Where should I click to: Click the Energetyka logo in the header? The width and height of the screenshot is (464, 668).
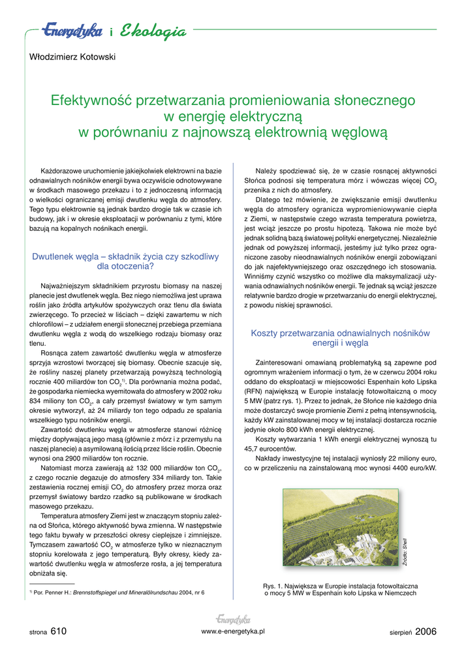(x=72, y=31)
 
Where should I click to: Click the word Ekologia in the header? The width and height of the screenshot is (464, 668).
(x=153, y=31)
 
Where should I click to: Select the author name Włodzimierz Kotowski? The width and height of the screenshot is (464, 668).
(x=72, y=57)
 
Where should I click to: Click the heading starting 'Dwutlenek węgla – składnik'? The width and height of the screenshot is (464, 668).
(x=125, y=257)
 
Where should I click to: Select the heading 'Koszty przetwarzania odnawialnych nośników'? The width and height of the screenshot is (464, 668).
(x=340, y=333)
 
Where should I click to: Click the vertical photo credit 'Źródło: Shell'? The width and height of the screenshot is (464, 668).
(x=405, y=552)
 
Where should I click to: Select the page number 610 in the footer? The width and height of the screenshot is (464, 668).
(x=58, y=631)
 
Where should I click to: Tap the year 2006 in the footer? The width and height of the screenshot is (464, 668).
(x=425, y=631)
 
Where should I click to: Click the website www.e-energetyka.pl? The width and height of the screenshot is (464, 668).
(x=233, y=631)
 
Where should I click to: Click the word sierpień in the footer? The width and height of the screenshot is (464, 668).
(x=401, y=633)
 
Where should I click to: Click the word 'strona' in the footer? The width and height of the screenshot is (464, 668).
(x=38, y=633)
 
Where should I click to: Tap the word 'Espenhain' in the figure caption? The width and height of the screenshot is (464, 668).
(x=332, y=594)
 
